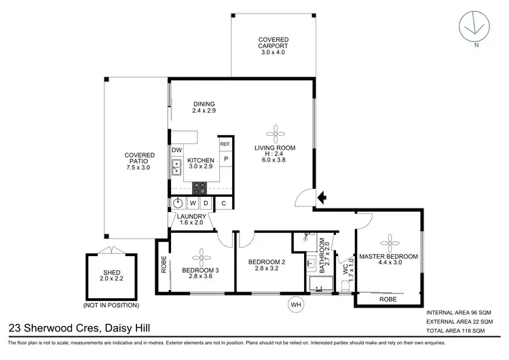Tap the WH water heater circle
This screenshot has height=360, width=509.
[295, 304]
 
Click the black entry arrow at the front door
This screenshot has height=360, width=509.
[322, 198]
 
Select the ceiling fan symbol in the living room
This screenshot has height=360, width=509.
[276, 131]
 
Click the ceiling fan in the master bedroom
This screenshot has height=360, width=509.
[390, 242]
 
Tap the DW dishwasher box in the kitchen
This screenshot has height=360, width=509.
[176, 150]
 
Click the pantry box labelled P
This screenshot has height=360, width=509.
[225, 159]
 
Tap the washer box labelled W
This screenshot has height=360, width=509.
[193, 202]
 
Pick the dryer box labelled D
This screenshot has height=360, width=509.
[206, 202]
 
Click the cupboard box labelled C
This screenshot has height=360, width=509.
[225, 202]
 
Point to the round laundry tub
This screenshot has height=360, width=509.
[178, 202]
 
